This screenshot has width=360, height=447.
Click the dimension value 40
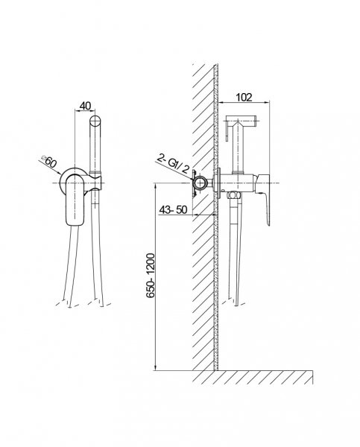pyautogui.click(x=85, y=106)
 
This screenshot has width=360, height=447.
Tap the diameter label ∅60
pyautogui.click(x=49, y=162)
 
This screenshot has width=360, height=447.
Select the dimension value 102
pyautogui.click(x=244, y=97)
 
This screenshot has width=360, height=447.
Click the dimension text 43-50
pyautogui.click(x=173, y=210)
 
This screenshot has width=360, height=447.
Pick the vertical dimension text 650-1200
pyautogui.click(x=151, y=276)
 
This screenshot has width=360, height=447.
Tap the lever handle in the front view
pyautogui.click(x=75, y=200)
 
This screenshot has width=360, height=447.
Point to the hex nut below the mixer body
pyautogui.click(x=234, y=195)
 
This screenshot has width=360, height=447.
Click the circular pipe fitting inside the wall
pyautogui.click(x=202, y=183)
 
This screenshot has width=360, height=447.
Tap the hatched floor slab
pyautogui.click(x=253, y=377)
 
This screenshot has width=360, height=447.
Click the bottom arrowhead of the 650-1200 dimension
pyautogui.click(x=156, y=368)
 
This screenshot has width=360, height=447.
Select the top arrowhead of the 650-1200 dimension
pyautogui.click(x=156, y=186)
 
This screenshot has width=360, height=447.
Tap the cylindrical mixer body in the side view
pyautogui.click(x=237, y=183)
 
